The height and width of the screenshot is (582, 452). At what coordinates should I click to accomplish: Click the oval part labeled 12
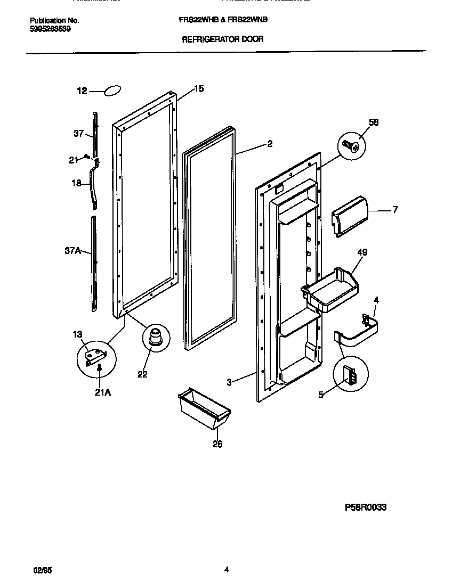(x=112, y=91)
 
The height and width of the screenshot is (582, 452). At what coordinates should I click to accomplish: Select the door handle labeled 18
(x=95, y=186)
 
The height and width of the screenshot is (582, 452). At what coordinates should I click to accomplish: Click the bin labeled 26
(x=205, y=410)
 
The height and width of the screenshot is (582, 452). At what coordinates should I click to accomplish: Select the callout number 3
(x=229, y=381)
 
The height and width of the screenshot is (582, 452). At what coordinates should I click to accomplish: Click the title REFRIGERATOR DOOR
(x=222, y=39)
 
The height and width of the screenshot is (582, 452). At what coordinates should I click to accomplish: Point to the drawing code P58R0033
(x=365, y=507)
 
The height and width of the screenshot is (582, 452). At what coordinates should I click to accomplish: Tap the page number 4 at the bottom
(x=227, y=569)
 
